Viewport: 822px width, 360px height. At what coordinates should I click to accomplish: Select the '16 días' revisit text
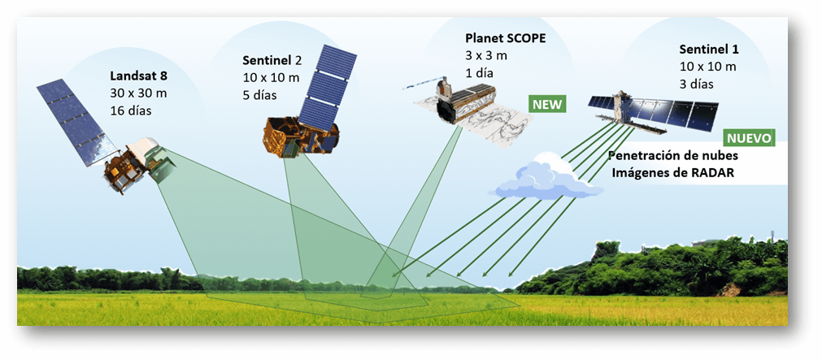(x=131, y=111)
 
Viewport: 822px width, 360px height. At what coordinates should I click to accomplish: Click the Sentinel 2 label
(x=272, y=60)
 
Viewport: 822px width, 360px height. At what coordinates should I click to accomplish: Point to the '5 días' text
(x=259, y=95)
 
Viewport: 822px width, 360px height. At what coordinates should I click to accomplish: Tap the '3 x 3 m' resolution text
(x=486, y=55)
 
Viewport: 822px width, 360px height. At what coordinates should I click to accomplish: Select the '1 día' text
(x=480, y=73)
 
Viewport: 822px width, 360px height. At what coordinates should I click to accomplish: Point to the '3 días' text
(x=697, y=85)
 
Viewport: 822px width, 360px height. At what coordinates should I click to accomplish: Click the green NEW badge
(x=547, y=104)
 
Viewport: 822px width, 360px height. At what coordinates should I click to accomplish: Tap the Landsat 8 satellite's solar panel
(x=76, y=122)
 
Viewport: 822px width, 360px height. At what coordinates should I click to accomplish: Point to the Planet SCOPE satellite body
(x=466, y=102)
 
